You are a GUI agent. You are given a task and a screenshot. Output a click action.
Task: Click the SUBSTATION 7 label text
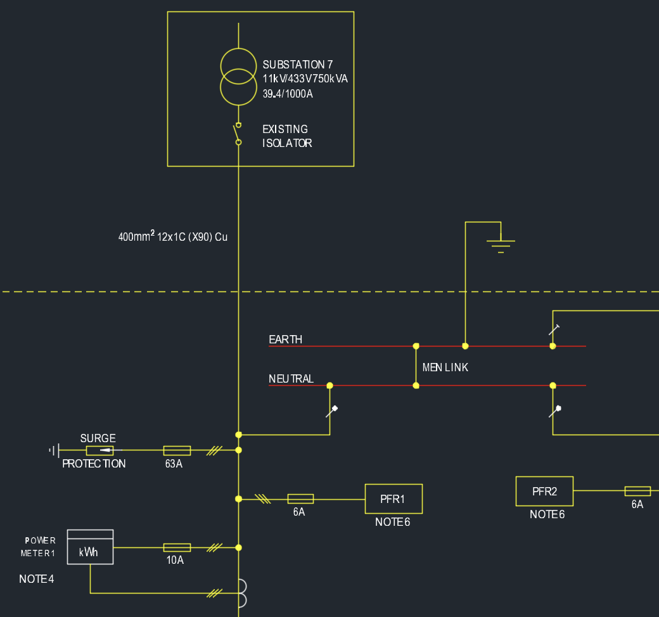pos(297,65)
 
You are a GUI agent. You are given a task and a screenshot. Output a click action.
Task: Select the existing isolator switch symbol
pos(238,134)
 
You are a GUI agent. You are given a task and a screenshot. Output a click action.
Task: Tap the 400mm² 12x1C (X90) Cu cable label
pos(172,237)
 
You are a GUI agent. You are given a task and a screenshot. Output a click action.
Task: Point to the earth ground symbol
pos(501,243)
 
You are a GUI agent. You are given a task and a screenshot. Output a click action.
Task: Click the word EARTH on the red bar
pos(285,340)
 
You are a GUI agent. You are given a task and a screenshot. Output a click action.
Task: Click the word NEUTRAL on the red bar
pos(291,379)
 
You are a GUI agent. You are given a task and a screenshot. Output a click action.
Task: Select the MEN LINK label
pos(445,367)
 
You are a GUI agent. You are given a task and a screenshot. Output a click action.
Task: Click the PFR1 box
pos(393,499)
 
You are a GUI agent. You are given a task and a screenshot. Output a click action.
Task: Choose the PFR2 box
pos(544,491)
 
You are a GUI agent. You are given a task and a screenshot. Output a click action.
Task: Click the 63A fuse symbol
pos(177,450)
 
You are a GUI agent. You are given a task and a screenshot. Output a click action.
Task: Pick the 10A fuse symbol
pos(177,547)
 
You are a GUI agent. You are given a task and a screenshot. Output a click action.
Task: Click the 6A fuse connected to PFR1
pos(300,499)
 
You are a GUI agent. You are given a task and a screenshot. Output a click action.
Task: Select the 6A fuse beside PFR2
pos(637,491)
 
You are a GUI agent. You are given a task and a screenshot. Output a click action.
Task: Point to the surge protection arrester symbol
pos(100,450)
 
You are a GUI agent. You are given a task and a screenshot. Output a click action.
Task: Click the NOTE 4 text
pos(37,579)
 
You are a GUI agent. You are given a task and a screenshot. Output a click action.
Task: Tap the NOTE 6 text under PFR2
pos(547,515)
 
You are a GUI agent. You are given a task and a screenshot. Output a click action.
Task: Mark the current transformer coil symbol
pos(242,594)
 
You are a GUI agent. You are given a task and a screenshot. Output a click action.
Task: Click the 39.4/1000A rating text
pos(288,94)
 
